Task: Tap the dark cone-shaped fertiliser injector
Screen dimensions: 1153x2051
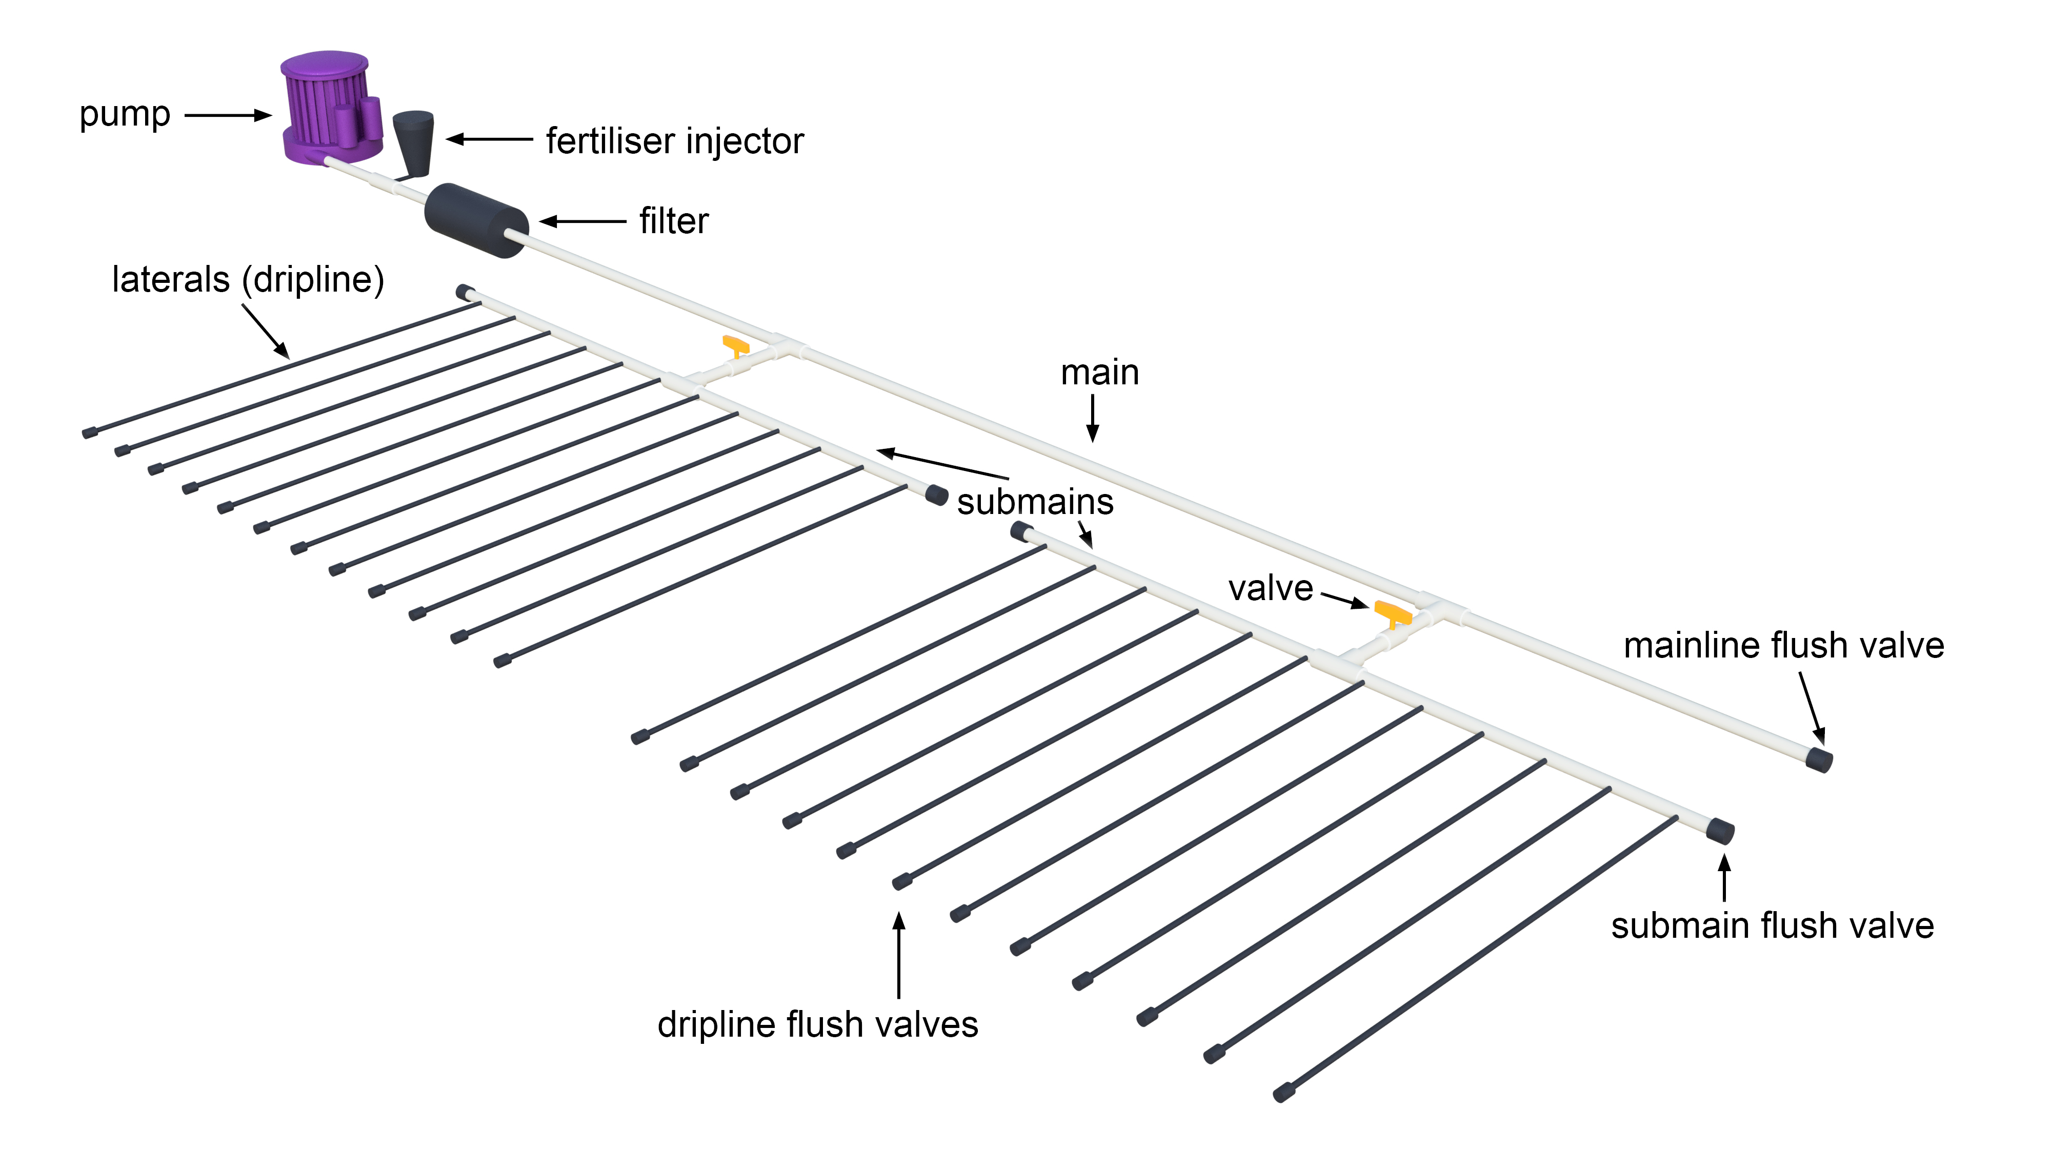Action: click(414, 141)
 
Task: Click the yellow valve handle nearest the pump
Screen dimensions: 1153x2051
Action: click(736, 345)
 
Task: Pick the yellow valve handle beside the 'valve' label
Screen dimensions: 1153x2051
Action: click(1393, 613)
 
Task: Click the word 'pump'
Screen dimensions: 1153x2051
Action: click(125, 115)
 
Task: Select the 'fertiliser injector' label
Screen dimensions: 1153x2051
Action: click(674, 141)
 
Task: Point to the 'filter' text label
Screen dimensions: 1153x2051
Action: click(674, 221)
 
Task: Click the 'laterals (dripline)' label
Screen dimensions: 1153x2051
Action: click(248, 279)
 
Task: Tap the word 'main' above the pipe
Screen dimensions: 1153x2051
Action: click(1099, 373)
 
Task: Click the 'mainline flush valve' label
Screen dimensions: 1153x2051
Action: click(1783, 645)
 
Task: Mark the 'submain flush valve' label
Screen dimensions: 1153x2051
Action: click(1773, 926)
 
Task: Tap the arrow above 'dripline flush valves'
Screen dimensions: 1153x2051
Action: click(899, 955)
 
